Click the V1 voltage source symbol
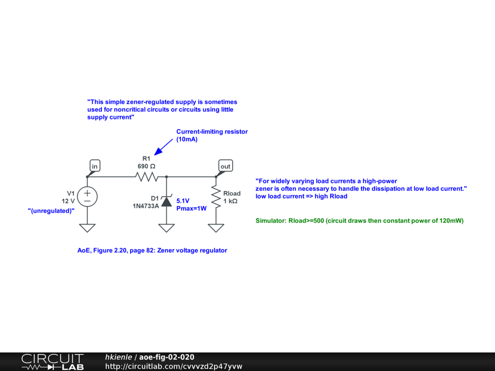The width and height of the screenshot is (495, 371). pos(87,196)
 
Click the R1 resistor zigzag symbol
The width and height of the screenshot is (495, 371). pos(146,177)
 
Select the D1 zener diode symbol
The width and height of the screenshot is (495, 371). pos(166,200)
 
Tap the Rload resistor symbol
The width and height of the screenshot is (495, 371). pos(216,198)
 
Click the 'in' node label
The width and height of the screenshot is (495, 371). pos(95,166)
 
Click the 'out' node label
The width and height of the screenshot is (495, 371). pos(225,166)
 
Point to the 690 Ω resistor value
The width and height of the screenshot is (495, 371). pos(146,166)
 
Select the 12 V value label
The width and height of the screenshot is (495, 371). pos(68,200)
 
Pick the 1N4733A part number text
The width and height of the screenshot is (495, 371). pos(146,205)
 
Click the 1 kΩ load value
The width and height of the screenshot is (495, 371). pos(231,201)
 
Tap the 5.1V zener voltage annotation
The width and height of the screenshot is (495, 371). pos(183,200)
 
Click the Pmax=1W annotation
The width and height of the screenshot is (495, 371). pos(191,208)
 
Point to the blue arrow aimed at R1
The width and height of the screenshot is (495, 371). pos(163,146)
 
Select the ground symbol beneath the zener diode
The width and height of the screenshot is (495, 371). pos(166,227)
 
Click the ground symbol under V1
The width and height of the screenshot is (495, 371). pos(87,227)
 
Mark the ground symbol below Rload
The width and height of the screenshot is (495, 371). pos(216,227)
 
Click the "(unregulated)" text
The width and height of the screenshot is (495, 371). pos(51,211)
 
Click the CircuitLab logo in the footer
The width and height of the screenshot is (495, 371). pos(52,361)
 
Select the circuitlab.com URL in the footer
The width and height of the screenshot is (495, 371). pos(174,366)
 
